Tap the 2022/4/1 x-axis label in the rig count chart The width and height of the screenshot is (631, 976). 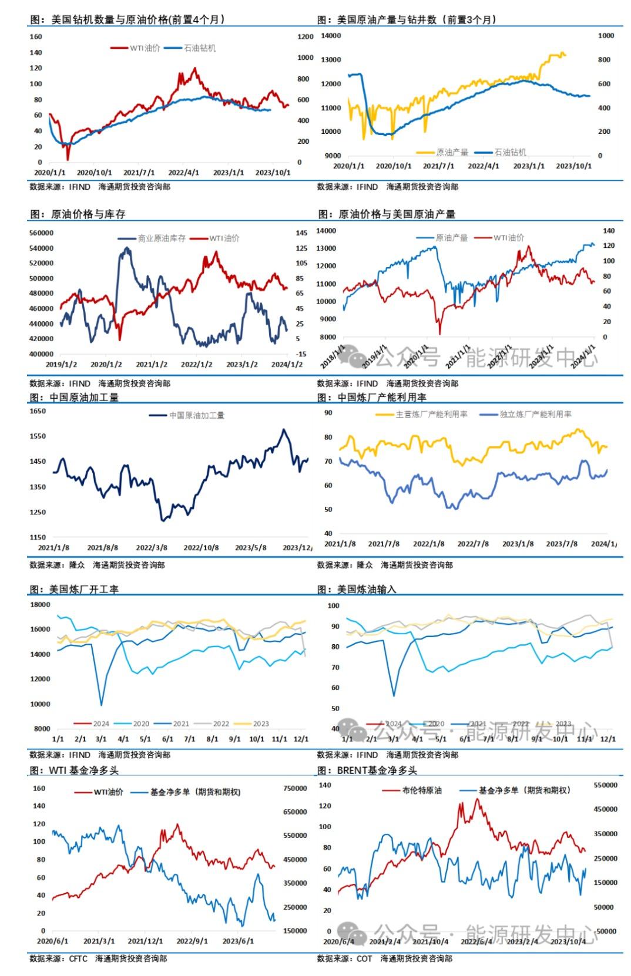(183, 173)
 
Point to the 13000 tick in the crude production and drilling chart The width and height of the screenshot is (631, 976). (331, 59)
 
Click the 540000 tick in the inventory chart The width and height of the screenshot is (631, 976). (41, 248)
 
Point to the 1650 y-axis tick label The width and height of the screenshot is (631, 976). (38, 411)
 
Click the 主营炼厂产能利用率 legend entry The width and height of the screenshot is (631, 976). (431, 415)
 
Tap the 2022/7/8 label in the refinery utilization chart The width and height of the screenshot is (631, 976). (473, 544)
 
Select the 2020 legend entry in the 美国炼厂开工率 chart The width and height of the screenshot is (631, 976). (140, 723)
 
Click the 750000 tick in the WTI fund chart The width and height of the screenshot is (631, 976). (295, 788)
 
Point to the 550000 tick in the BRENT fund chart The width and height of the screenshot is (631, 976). (606, 785)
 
